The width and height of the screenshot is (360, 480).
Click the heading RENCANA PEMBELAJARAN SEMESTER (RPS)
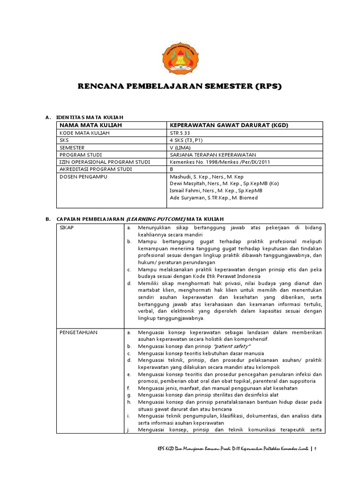[x=180, y=87]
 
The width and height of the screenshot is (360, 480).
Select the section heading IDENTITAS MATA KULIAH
[x=90, y=116]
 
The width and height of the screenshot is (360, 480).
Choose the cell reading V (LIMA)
[x=180, y=147]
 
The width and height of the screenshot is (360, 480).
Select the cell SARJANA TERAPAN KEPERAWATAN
[x=213, y=154]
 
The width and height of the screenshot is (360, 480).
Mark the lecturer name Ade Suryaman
[x=187, y=197]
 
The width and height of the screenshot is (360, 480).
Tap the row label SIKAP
[x=67, y=227]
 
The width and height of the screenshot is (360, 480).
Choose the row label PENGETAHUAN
[x=78, y=332]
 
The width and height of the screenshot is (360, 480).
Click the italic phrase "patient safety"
[x=232, y=346]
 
